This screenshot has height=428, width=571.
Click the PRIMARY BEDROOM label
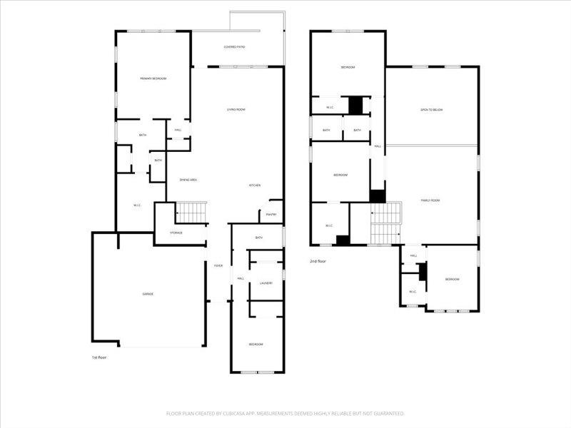coord(153,78)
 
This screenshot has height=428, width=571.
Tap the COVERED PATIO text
coord(234,47)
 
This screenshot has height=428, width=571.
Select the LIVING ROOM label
coord(236,109)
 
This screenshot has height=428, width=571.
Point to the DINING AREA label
coord(188,180)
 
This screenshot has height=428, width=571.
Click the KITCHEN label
coord(254,185)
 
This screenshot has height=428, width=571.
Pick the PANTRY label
coord(271,214)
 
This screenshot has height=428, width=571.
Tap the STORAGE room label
coord(176,233)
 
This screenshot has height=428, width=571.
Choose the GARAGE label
coord(147,294)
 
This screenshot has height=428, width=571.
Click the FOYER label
coord(218,265)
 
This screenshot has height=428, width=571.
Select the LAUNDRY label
coord(266,283)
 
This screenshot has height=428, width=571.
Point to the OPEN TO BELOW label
coord(431,110)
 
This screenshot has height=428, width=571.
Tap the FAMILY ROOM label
coord(430,200)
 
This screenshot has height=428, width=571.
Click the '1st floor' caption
coord(99,357)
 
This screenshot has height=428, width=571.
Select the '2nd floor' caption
coord(318,262)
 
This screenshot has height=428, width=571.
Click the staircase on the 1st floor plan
coord(191,213)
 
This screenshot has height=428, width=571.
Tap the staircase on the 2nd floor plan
coord(385,223)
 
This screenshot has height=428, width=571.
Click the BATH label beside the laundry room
coord(258,237)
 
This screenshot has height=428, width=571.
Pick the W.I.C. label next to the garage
coord(137,205)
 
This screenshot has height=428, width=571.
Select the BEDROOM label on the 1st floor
coord(256,345)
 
